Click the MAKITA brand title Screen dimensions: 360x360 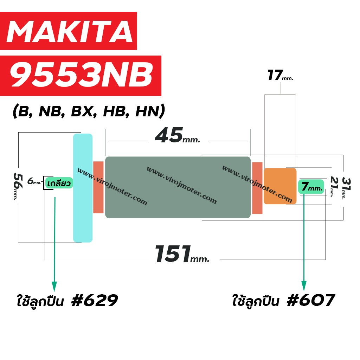pyautogui.click(x=70, y=31)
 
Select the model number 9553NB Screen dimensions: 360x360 pyautogui.click(x=81, y=75)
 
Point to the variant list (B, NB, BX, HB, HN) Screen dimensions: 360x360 pyautogui.click(x=89, y=111)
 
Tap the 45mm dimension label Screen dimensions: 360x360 pyautogui.click(x=178, y=135)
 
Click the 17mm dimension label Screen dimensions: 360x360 pyautogui.click(x=280, y=76)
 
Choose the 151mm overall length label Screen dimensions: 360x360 pyautogui.click(x=182, y=254)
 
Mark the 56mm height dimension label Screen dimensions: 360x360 pyautogui.click(x=18, y=186)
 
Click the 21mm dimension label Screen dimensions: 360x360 pyautogui.click(x=334, y=187)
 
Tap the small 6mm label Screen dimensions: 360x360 pyautogui.click(x=34, y=181)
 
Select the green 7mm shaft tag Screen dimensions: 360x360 pyautogui.click(x=311, y=186)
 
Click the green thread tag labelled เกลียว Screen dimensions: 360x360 pyautogui.click(x=59, y=183)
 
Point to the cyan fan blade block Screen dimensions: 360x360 pyautogui.click(x=83, y=188)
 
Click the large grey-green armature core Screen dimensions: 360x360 pyautogui.click(x=178, y=187)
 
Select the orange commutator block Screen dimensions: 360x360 pyautogui.click(x=280, y=186)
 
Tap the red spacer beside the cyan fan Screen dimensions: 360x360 pyautogui.click(x=98, y=187)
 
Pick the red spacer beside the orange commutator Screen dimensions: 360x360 pyautogui.click(x=257, y=188)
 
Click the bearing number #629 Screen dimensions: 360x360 pyautogui.click(x=95, y=300)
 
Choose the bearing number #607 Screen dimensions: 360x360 pyautogui.click(x=311, y=300)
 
